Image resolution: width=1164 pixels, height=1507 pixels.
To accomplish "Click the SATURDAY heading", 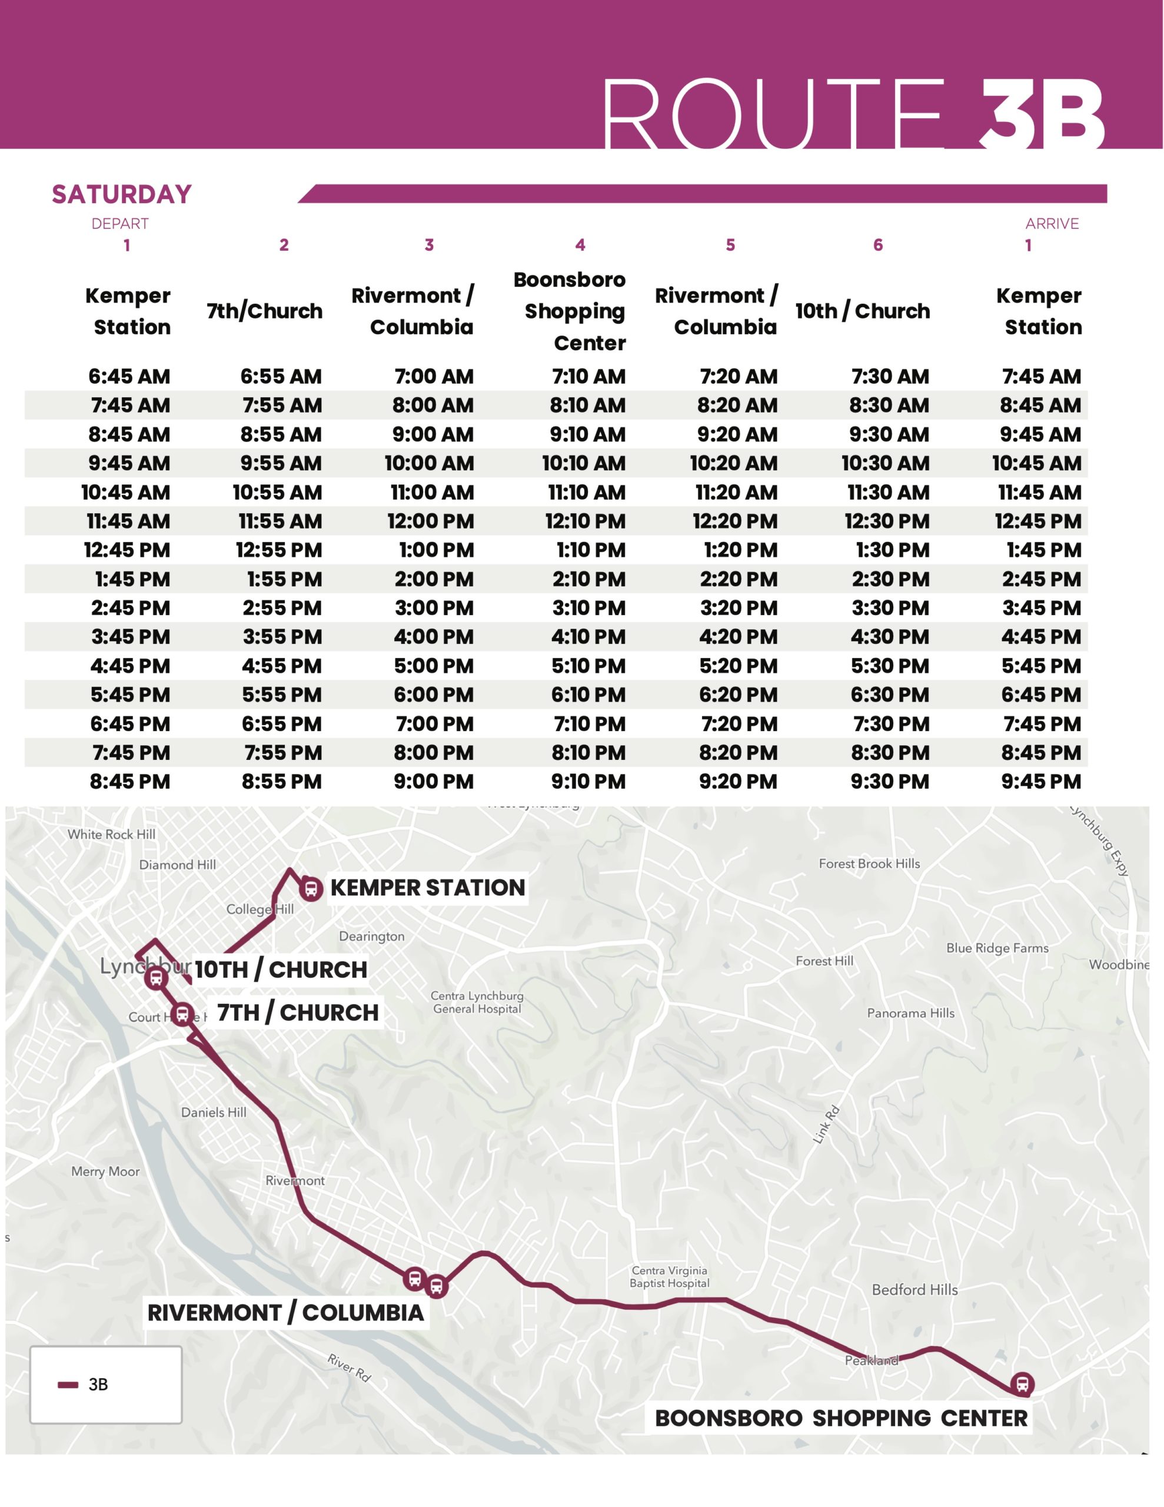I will (121, 195).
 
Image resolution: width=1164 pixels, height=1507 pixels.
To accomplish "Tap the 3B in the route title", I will (1042, 114).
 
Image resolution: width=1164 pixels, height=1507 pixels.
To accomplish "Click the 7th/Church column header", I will (264, 311).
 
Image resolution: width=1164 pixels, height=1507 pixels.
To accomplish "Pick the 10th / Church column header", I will (863, 311).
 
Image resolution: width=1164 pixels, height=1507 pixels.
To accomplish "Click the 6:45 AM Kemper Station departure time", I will (129, 377).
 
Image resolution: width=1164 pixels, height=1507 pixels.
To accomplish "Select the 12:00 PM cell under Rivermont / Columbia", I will (431, 522).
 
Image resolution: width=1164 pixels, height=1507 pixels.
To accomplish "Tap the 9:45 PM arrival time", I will (1041, 782).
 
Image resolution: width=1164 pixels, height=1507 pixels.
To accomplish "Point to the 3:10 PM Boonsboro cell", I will (588, 609).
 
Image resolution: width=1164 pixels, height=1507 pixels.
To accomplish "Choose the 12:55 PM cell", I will (279, 550).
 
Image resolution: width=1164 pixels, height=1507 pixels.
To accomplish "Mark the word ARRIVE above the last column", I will (1052, 224).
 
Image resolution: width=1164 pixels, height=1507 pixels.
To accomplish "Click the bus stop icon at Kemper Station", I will (311, 889).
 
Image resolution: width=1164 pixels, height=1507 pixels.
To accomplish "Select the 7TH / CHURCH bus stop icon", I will (182, 1014).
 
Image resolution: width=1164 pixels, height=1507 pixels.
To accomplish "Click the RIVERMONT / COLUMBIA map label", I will (285, 1312).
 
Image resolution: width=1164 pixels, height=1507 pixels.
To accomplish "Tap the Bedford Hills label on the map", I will (914, 1290).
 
